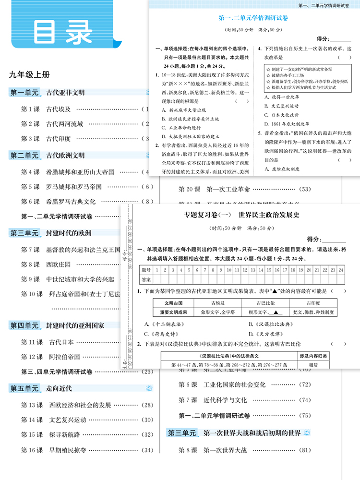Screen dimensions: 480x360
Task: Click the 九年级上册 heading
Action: pyautogui.click(x=29, y=75)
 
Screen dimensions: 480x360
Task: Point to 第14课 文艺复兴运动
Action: pyautogui.click(x=54, y=420)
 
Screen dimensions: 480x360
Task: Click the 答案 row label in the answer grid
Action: pyautogui.click(x=146, y=279)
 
